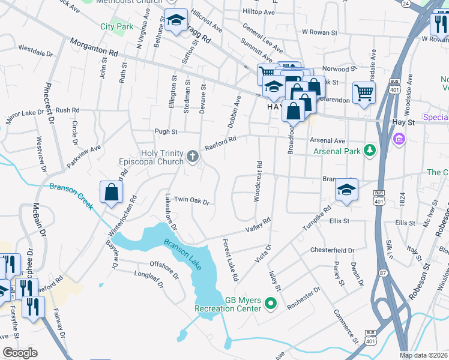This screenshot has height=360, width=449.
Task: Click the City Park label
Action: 116,26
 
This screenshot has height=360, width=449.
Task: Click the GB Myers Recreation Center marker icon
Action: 270,304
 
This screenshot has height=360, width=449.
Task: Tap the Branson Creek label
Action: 71,195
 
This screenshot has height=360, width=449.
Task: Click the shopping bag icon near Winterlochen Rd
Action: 112,193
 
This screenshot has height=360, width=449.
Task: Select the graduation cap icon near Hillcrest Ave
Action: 176,20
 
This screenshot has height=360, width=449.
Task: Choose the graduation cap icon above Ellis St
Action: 346,190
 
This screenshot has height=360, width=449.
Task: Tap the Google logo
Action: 20,353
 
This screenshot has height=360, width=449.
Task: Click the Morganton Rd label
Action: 94,47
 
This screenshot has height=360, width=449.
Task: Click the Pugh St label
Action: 166,131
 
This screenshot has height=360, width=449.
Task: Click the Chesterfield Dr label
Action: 332,250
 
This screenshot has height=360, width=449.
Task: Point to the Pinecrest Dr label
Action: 49,103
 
